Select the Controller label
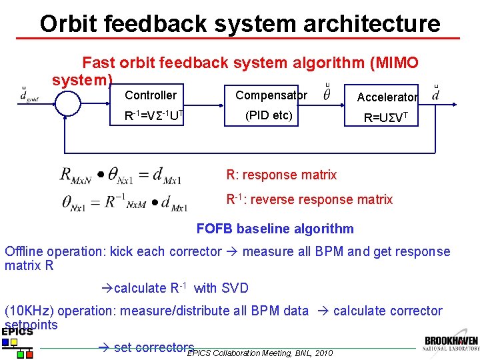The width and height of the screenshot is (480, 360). [x=151, y=96]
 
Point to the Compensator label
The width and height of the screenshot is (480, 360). [x=271, y=95]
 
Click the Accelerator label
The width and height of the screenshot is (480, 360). [x=387, y=97]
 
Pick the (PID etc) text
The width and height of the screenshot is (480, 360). [x=269, y=115]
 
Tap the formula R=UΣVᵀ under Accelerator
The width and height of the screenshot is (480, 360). [x=389, y=119]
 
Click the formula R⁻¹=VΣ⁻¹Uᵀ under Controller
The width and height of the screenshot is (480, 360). [x=154, y=116]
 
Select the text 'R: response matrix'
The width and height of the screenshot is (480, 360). [x=281, y=175]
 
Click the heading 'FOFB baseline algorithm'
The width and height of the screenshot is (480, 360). [x=275, y=229]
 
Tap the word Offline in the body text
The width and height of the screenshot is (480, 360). [x=23, y=252]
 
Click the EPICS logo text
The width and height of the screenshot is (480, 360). [x=17, y=332]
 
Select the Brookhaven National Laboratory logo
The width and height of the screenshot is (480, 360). [x=451, y=344]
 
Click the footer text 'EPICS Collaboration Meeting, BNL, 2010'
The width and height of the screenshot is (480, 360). [x=259, y=353]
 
